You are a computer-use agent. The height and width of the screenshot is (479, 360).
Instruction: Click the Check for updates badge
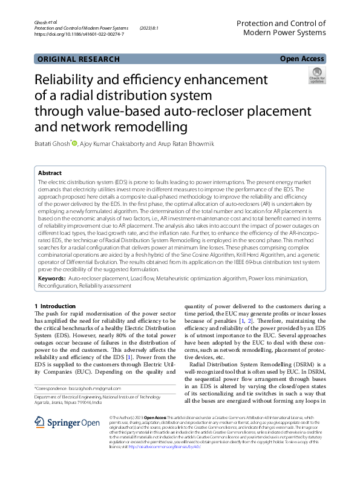tap(316, 76)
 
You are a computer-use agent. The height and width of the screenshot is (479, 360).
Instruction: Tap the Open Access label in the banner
tap(302, 59)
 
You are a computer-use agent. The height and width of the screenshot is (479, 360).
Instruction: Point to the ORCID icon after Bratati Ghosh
tap(75, 143)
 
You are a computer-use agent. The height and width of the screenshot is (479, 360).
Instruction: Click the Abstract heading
tap(50, 173)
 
